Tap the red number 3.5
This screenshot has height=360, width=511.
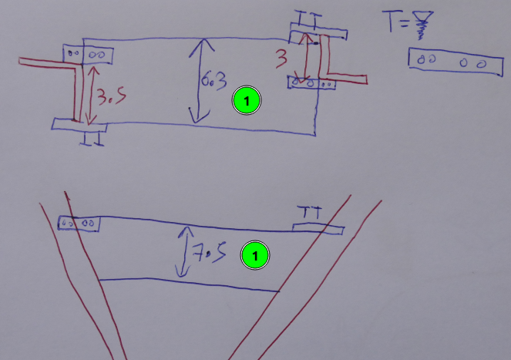click(x=107, y=96)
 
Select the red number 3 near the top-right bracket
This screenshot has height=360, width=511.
click(x=282, y=57)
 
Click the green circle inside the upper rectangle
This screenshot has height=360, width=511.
click(x=246, y=100)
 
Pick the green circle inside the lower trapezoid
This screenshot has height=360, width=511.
click(x=255, y=255)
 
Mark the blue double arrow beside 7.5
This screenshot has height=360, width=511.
click(x=183, y=251)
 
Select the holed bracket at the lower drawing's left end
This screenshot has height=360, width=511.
click(x=79, y=223)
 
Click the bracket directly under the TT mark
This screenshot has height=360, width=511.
click(x=318, y=227)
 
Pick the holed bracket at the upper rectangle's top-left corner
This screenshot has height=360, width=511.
click(x=89, y=54)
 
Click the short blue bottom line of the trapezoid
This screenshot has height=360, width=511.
click(x=188, y=284)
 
